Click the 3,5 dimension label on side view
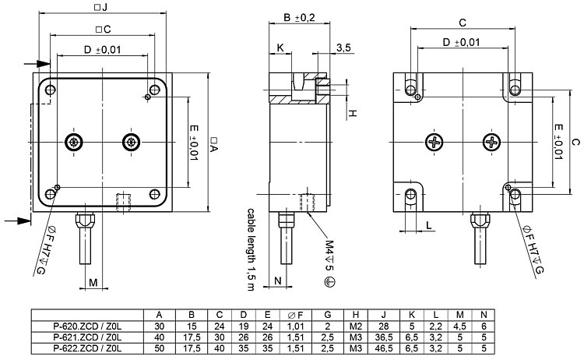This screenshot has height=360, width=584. click(343, 48)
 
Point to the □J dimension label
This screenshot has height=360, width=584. click(100, 7)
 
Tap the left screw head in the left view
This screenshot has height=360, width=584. click(74, 141)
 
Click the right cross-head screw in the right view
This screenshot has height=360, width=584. click(492, 142)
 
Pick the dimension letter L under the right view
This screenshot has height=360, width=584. click(429, 225)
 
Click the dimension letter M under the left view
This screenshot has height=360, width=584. click(92, 281)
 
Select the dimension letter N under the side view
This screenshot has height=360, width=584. click(278, 281)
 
